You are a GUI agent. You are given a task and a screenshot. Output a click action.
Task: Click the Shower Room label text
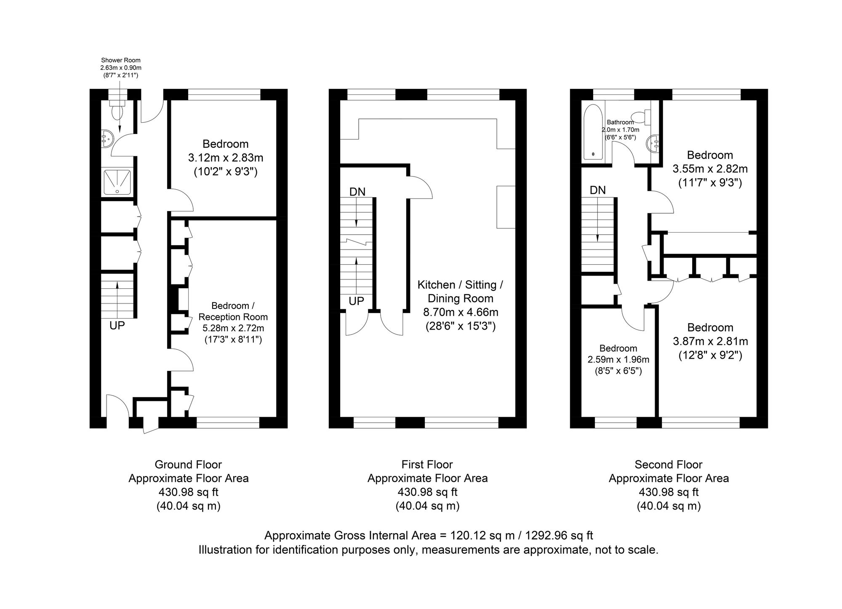click(x=121, y=60)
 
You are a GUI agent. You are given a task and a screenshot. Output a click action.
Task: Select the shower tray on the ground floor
click(x=117, y=182)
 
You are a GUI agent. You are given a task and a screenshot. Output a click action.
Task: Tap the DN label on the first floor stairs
click(x=357, y=192)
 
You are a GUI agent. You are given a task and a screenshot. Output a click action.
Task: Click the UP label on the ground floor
click(x=117, y=326)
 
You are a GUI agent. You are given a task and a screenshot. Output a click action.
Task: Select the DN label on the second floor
click(x=598, y=190)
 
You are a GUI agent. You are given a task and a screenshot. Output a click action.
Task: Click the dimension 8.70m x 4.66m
click(x=461, y=312)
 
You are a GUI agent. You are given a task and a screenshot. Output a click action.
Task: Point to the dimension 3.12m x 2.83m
click(x=226, y=158)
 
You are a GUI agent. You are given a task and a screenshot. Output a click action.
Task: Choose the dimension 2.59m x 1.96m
click(x=618, y=359)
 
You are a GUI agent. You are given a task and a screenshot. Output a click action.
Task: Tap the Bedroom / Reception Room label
click(x=233, y=311)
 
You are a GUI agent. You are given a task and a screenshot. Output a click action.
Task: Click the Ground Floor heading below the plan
click(x=188, y=464)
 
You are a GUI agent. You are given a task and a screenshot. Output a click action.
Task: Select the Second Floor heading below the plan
click(x=669, y=464)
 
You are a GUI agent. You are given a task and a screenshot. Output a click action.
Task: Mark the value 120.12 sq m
click(x=483, y=536)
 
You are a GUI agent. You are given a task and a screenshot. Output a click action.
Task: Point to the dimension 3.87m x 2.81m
click(x=710, y=341)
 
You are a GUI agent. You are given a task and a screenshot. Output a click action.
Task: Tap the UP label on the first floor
click(x=357, y=301)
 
